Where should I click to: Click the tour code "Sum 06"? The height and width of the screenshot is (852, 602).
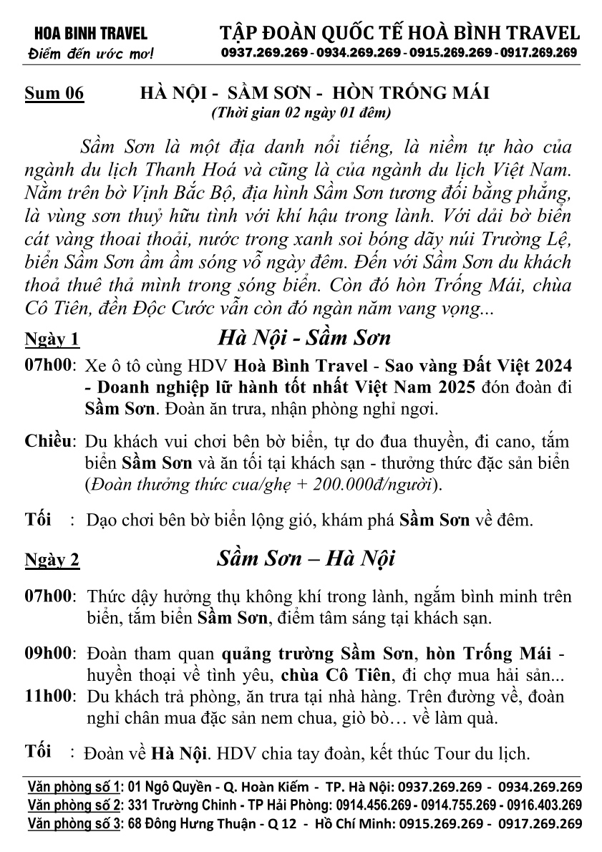pos(54,94)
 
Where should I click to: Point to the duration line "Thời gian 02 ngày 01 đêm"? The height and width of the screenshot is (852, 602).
pos(300,112)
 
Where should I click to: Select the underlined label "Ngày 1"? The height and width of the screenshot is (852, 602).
pos(52,337)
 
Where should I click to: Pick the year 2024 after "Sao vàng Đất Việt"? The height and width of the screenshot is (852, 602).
pos(550,365)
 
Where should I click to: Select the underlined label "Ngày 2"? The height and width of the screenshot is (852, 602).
pos(52,561)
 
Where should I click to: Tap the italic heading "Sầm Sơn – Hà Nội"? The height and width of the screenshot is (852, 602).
pos(306,558)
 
